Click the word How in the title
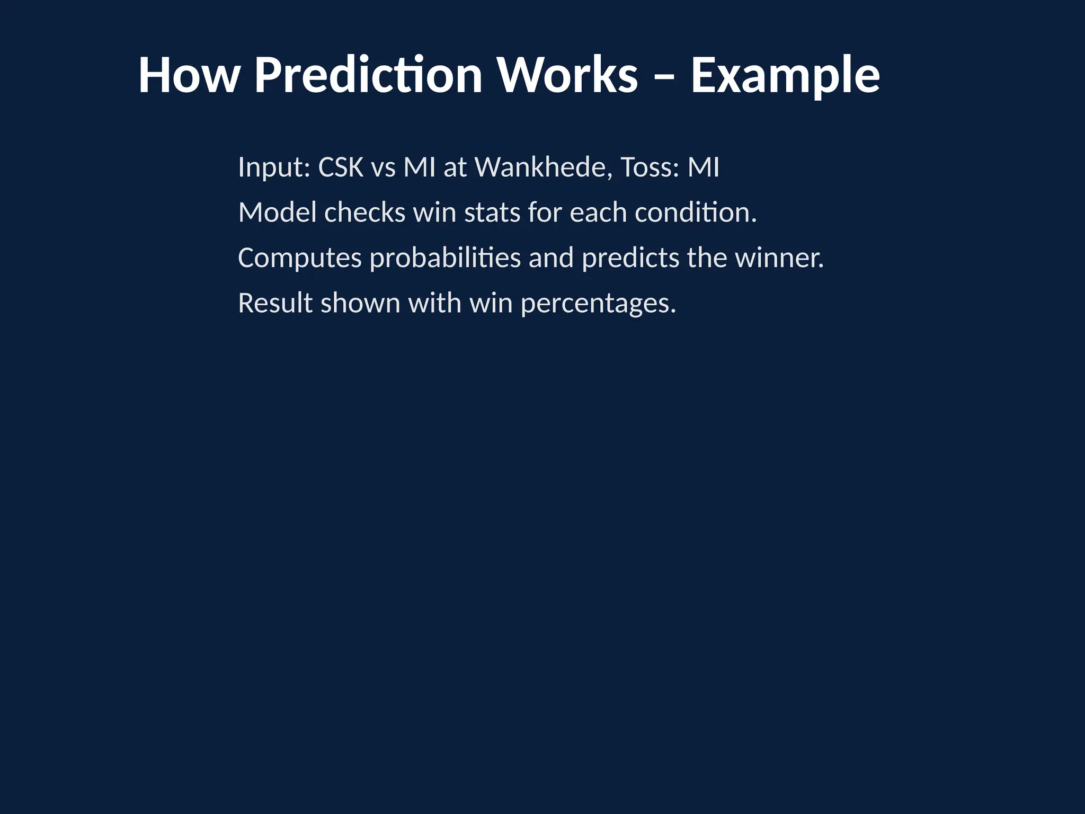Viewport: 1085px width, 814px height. click(x=189, y=75)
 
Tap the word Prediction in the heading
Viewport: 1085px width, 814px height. click(x=368, y=75)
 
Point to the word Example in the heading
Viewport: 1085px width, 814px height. click(x=785, y=75)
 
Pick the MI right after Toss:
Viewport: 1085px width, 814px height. click(x=704, y=167)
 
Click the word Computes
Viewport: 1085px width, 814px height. click(x=299, y=258)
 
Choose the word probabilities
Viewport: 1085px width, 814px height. click(x=445, y=258)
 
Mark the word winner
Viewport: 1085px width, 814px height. click(x=779, y=258)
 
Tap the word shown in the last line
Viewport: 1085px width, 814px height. click(x=360, y=303)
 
